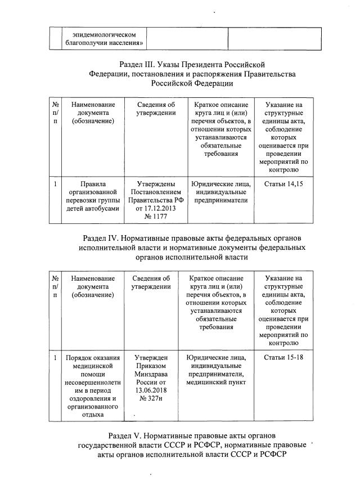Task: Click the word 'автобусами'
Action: pos(100,208)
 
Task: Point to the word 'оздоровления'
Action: pos(90,398)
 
